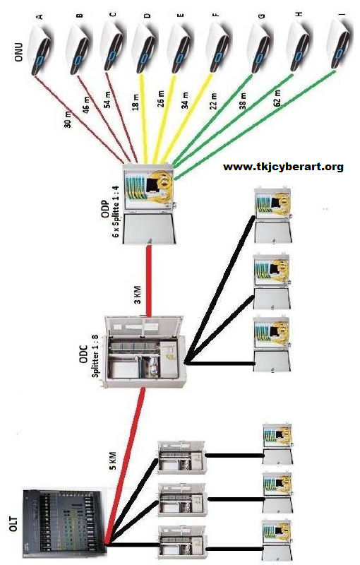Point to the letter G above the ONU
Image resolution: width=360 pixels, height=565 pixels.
262,16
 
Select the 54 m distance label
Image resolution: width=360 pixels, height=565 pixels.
109,100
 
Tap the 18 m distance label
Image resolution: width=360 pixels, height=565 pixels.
136,103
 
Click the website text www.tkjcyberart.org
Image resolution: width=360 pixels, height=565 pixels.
283,167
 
